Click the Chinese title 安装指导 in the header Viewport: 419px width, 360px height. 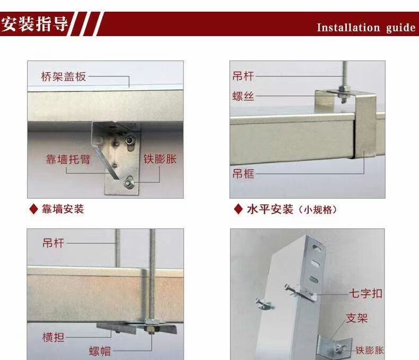click(34, 24)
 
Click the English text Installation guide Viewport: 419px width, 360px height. click(366, 28)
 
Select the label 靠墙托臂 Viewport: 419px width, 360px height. click(67, 159)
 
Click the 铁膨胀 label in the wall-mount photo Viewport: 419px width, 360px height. click(160, 159)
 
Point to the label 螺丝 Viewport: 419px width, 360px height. click(243, 96)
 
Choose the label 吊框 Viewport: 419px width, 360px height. click(243, 174)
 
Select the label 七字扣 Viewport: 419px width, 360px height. click(365, 294)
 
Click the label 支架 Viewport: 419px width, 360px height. click(357, 318)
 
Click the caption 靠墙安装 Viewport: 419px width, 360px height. click(63, 209)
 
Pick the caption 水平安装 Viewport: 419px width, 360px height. click(270, 209)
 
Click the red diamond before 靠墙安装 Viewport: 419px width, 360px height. click(33, 209)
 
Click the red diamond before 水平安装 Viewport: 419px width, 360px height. click(238, 209)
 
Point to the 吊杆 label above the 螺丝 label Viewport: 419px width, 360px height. click(243, 76)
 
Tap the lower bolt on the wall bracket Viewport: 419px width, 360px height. click(128, 183)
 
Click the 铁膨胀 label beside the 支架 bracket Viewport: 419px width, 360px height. click(369, 350)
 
